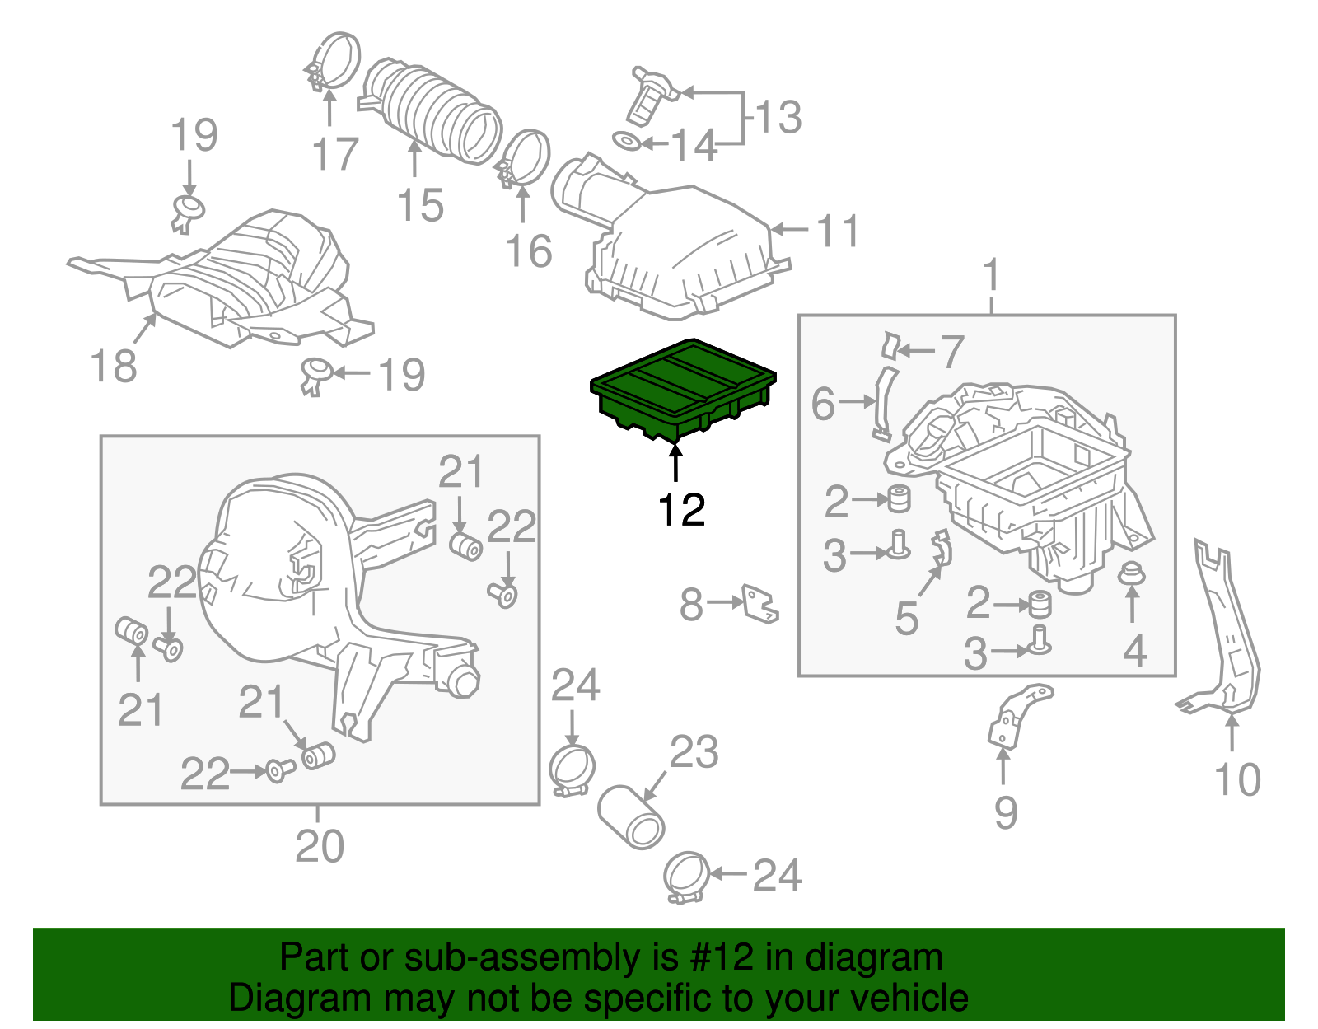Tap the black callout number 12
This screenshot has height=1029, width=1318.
point(681,510)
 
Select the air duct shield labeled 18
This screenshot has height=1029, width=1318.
point(247,280)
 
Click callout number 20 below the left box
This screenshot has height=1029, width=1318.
point(320,846)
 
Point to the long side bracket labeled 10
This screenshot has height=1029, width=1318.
point(1227,634)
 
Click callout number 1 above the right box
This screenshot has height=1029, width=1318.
point(992,275)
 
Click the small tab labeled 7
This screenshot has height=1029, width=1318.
point(890,345)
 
